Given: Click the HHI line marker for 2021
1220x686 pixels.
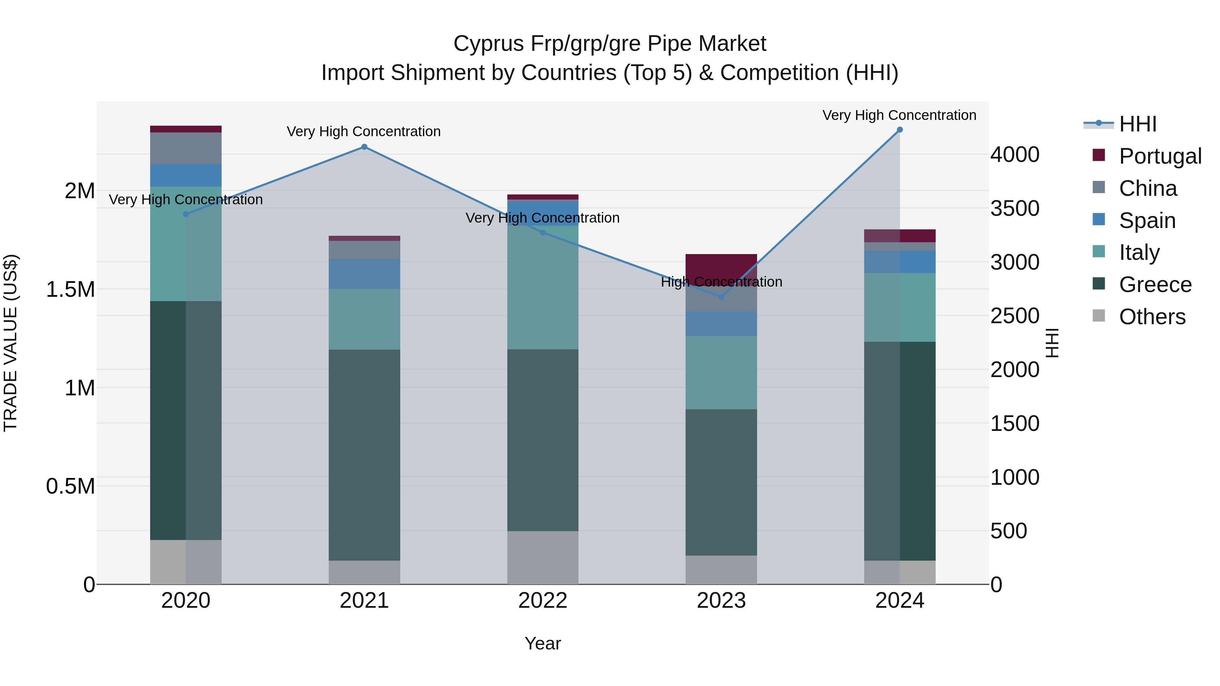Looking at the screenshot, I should (364, 147).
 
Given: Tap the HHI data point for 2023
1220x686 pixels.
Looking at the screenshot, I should (721, 297).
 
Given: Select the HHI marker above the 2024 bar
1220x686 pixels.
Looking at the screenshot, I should (900, 130).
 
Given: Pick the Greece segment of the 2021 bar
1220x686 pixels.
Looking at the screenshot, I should (364, 455).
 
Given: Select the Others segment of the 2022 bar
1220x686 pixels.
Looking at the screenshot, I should (543, 557).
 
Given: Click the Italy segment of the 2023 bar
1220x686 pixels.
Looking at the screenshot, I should (721, 373).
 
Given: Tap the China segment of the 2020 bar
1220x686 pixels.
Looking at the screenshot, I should (186, 148).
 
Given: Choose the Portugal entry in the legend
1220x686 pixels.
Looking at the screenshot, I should (1160, 156).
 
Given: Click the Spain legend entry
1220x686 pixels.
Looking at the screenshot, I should (1147, 221).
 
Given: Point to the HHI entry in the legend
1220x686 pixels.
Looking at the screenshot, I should (1138, 124).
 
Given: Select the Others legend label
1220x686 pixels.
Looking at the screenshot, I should (1152, 317).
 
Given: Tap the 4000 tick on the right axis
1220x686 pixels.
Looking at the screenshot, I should (1015, 155).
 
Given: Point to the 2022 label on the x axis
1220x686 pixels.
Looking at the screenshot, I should (543, 601).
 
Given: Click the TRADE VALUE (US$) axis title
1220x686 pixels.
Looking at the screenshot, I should (11, 343).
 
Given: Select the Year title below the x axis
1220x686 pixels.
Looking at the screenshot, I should (543, 643).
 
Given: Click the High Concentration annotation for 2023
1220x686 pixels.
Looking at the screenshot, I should (721, 282).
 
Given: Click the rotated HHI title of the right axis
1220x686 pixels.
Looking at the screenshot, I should (1052, 343).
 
